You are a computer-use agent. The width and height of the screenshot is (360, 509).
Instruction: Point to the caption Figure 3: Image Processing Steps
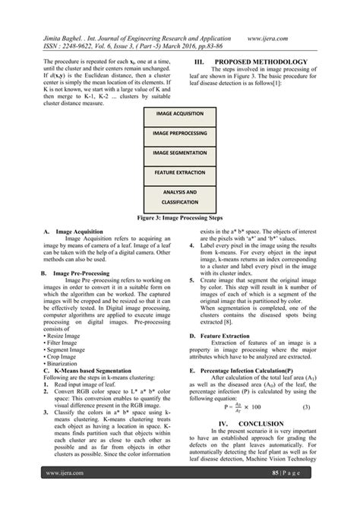[x=179, y=217]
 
